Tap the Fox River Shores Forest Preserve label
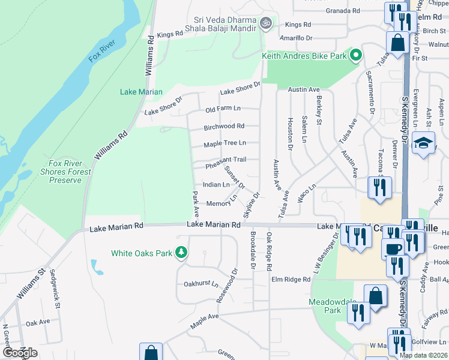tap(70, 172)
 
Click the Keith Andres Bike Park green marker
tap(355, 56)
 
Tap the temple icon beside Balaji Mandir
tap(266, 23)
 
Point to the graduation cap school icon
tap(423, 143)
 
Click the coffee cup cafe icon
tap(393, 248)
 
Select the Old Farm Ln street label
tap(223, 109)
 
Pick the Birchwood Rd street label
tap(223, 126)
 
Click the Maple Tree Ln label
tap(224, 143)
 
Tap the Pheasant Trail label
tap(226, 159)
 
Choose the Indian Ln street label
tap(216, 185)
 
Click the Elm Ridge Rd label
tap(291, 279)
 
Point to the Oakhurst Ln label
tap(201, 284)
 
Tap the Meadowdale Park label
tap(325, 305)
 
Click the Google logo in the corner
tap(20, 353)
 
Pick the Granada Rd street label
tap(343, 11)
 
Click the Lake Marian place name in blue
tap(141, 92)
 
